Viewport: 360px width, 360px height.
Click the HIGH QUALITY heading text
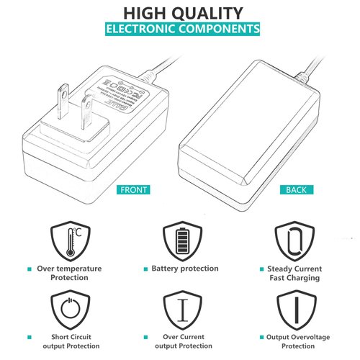tap(182, 12)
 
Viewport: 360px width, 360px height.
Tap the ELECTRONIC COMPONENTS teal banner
tap(182, 30)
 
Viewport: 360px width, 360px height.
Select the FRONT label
tap(135, 190)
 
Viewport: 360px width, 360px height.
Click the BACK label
tap(296, 190)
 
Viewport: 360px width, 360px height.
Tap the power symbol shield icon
tap(69, 310)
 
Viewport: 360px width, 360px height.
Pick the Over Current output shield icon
tap(183, 310)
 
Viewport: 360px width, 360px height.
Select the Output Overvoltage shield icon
tap(295, 310)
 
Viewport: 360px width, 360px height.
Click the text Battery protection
tap(185, 269)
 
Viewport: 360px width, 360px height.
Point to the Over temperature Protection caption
tap(69, 273)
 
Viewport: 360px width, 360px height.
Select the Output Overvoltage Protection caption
tap(295, 341)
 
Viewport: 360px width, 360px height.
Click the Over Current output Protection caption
tap(183, 341)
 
